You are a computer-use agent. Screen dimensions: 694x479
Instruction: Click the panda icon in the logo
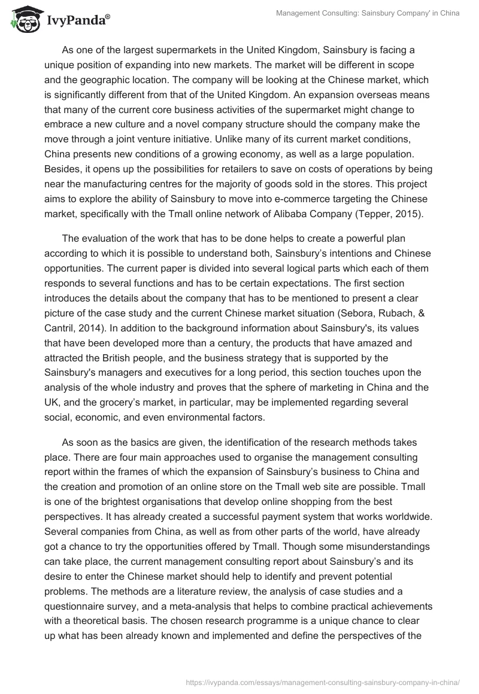click(x=23, y=20)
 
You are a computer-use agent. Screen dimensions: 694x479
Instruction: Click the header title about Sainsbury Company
click(x=367, y=13)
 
